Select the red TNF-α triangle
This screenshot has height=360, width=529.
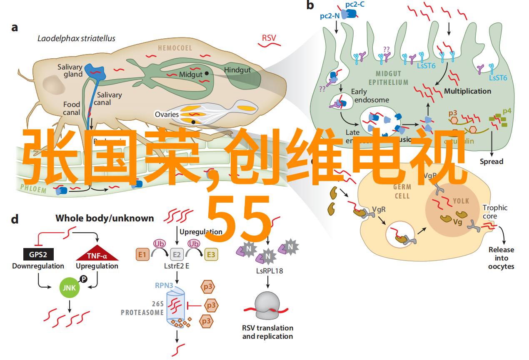click(97, 254)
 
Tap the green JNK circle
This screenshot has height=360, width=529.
click(69, 288)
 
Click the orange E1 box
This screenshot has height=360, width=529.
click(142, 254)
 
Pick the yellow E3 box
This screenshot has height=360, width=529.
click(211, 254)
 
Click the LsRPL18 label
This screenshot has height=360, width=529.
click(269, 271)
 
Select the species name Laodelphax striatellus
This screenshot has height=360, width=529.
click(76, 39)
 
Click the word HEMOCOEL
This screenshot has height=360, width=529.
click(175, 48)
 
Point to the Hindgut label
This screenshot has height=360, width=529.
click(237, 70)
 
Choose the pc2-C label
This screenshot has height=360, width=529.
click(354, 5)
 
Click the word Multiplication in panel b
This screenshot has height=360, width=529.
click(467, 91)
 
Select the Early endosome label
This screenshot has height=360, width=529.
click(370, 96)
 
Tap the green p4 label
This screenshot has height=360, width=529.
click(507, 111)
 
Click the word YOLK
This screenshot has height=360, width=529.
click(461, 201)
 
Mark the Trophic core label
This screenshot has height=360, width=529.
click(495, 212)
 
